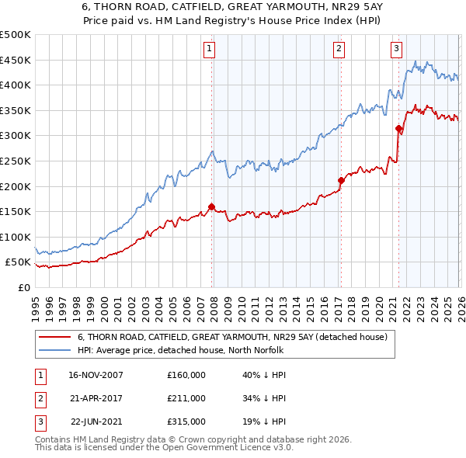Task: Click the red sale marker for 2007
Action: coord(211,206)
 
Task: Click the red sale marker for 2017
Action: coord(340,181)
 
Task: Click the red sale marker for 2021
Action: coord(398,128)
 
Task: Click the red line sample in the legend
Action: coord(54,338)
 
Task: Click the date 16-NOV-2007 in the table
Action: coord(96,375)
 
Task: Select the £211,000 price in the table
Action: coord(186,398)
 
